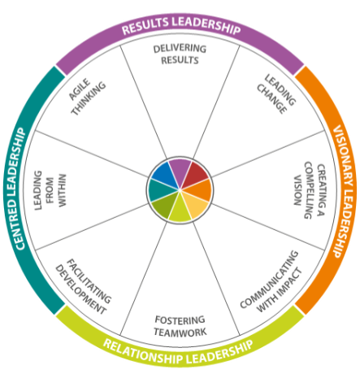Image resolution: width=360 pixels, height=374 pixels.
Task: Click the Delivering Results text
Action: (180, 54)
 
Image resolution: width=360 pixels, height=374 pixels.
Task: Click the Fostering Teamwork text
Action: (180, 325)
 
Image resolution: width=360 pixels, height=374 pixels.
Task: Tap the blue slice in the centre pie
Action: (165, 173)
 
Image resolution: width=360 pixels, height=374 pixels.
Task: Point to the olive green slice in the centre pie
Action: (165, 205)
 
